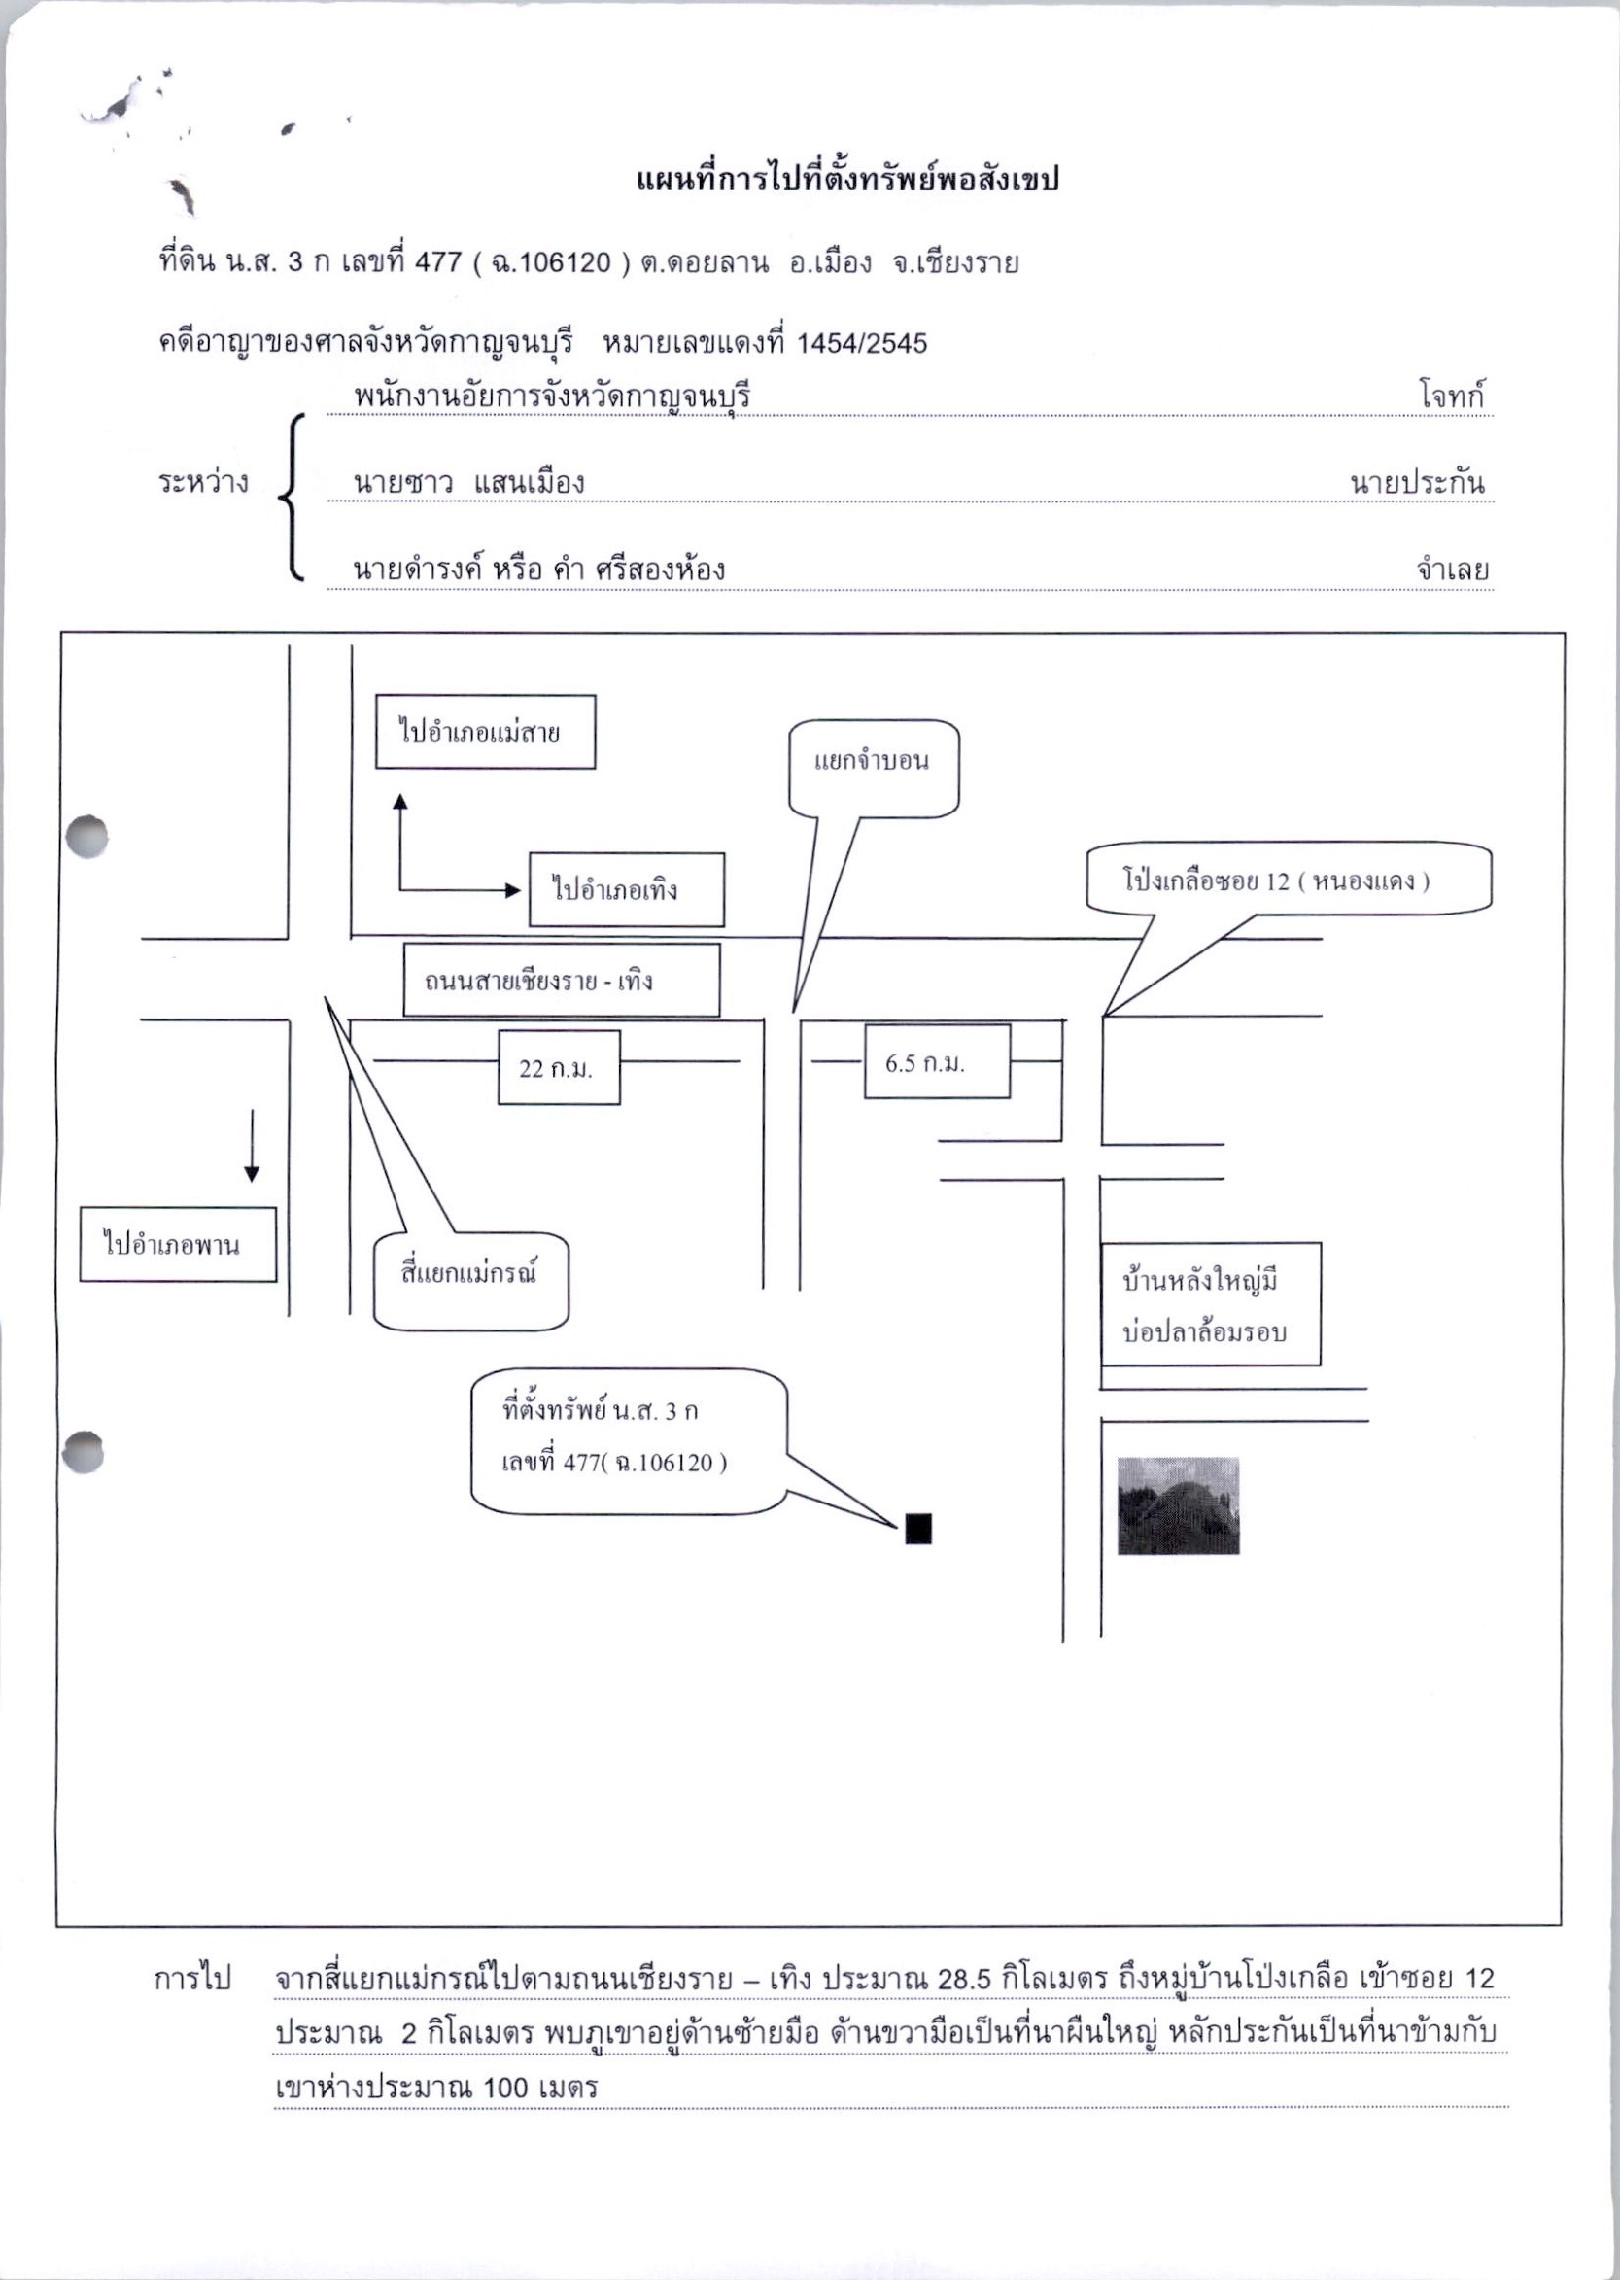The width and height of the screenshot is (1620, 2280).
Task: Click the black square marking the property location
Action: tap(917, 1528)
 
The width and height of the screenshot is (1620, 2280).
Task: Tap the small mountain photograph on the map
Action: tap(1178, 1506)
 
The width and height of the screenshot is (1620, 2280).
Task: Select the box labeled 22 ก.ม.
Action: tap(559, 1067)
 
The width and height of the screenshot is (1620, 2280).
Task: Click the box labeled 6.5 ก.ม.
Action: tap(937, 1061)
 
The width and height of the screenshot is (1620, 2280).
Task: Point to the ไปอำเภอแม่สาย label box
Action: tap(485, 732)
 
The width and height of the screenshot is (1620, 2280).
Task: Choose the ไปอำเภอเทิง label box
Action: tap(627, 889)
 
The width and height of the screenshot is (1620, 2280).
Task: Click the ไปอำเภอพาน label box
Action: tap(178, 1245)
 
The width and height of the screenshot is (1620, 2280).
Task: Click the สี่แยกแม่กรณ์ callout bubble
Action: tap(470, 1282)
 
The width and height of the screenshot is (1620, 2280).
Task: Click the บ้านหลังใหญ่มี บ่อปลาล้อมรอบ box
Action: tap(1211, 1304)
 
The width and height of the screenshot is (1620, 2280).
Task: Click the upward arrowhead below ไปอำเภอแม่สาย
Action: tap(400, 801)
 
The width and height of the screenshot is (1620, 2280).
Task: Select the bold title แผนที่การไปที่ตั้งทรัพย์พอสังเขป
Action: tap(846, 180)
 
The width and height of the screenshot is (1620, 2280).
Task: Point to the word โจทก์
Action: tap(1453, 396)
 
